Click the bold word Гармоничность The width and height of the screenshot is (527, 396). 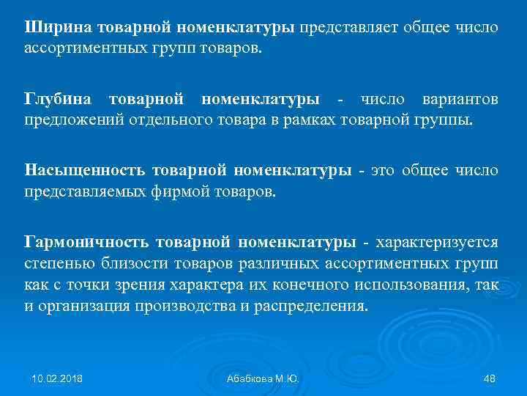[87, 242]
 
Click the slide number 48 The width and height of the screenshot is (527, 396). [490, 378]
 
